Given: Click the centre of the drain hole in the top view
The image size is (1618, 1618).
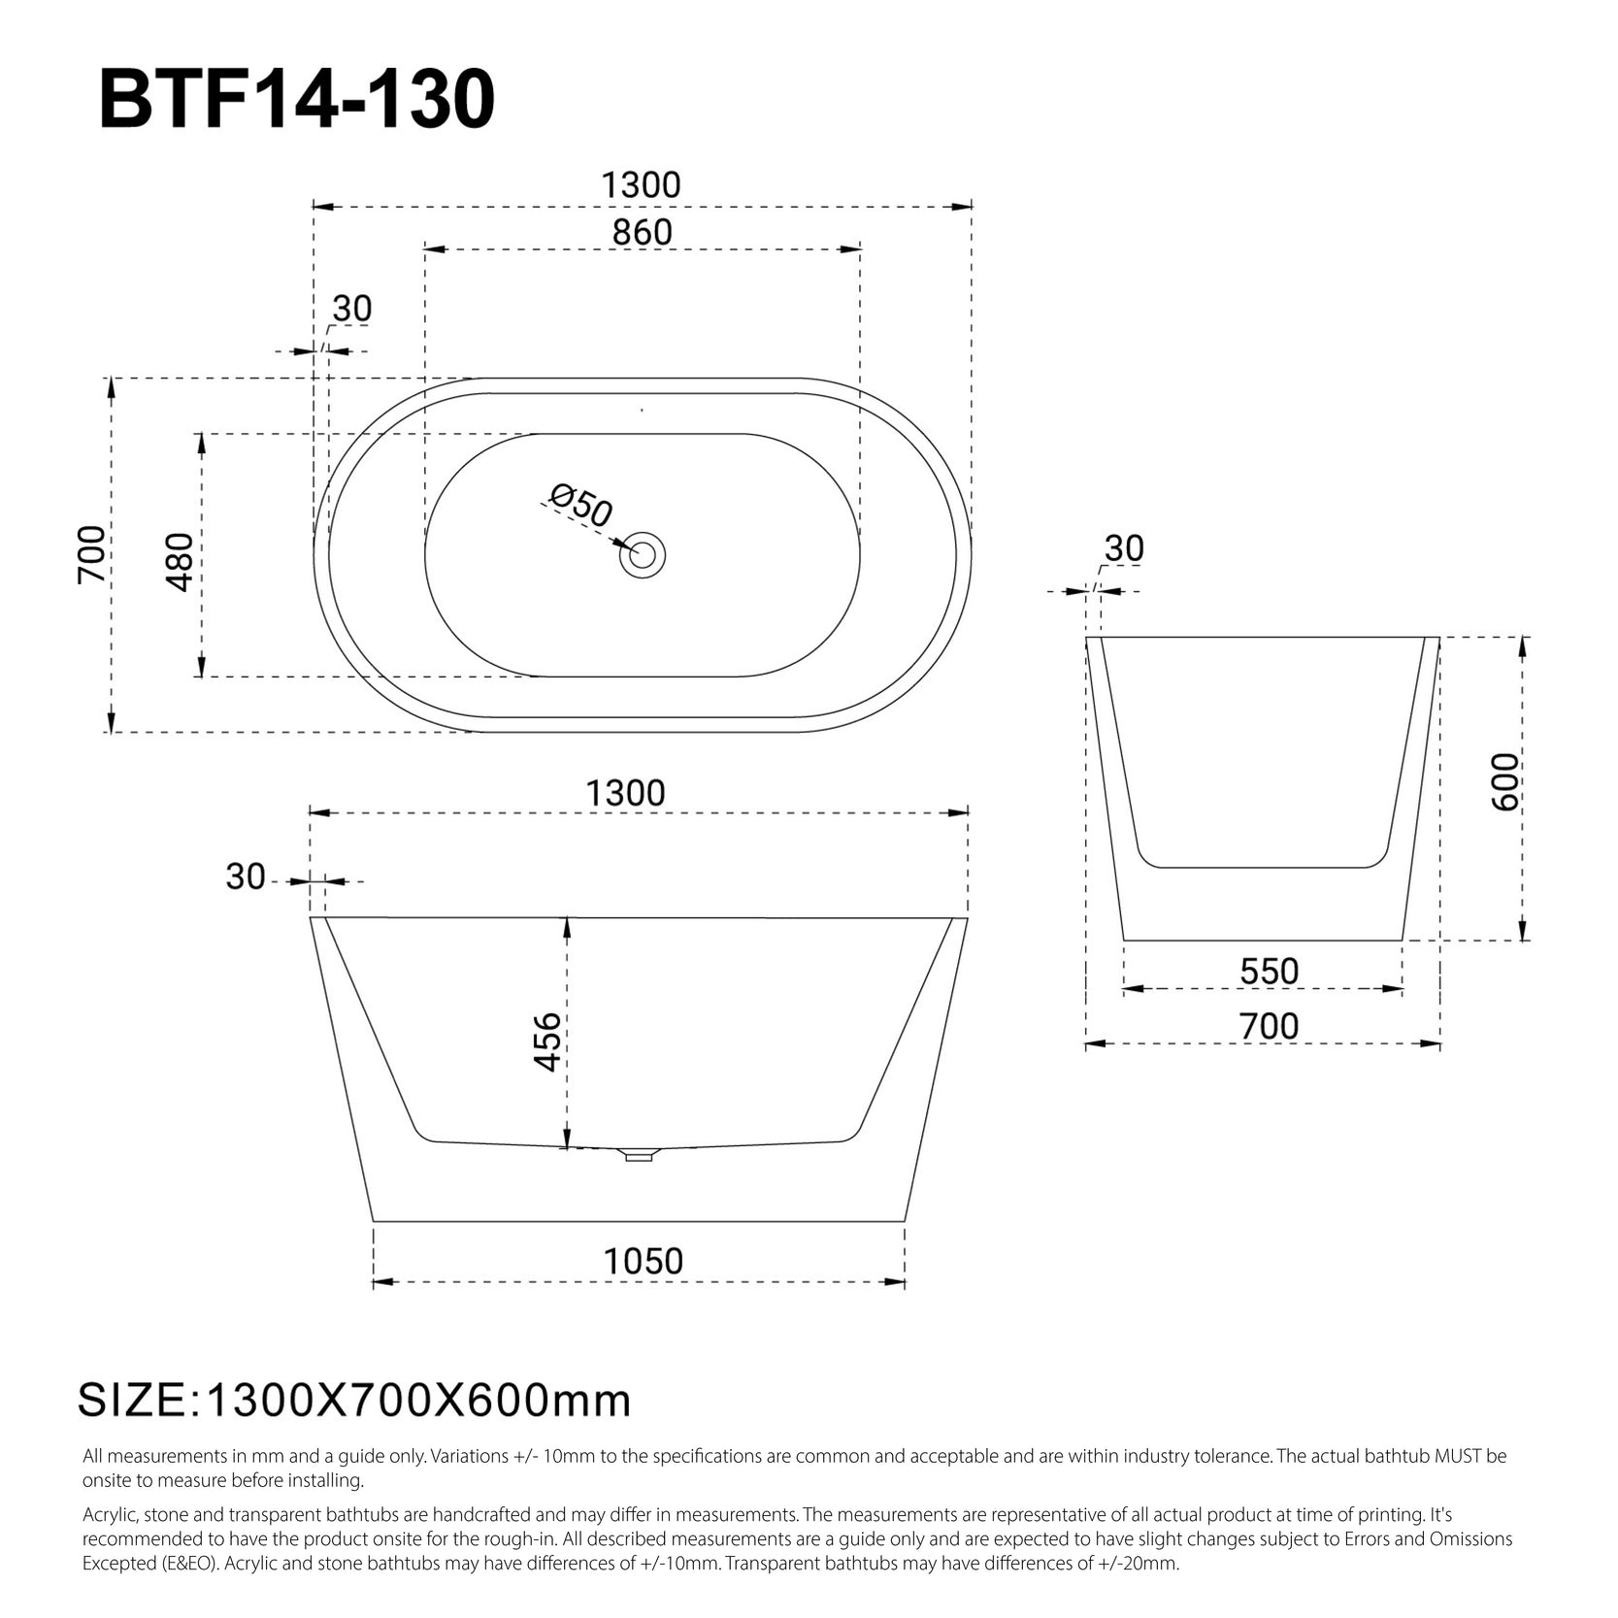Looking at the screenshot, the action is [643, 554].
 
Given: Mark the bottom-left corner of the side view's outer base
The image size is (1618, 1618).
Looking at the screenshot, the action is [373, 1221].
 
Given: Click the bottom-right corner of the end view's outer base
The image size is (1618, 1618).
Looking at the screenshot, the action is [1403, 940].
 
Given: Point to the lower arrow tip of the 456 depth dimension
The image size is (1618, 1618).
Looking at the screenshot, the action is [568, 1146].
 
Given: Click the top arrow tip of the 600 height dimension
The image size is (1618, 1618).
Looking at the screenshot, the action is [1523, 638].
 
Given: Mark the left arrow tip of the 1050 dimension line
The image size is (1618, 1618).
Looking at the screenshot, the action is [374, 1282].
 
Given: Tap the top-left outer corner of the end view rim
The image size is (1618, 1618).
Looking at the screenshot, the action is [1086, 638].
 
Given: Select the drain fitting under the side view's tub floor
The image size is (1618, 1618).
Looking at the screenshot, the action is [639, 1154].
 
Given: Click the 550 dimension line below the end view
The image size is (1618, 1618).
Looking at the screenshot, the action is [1263, 989].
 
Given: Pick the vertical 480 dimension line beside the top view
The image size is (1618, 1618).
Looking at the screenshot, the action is [202, 554].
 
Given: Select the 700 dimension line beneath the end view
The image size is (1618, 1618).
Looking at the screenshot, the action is [1263, 1044].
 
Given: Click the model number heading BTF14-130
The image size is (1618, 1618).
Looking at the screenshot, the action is [297, 100].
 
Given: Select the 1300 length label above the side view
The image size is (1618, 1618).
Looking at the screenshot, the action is [626, 793].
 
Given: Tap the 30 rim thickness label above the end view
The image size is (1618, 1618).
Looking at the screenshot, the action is [1124, 548].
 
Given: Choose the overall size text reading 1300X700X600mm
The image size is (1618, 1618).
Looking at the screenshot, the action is [419, 1401].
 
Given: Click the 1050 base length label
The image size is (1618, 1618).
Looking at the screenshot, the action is [643, 1261].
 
